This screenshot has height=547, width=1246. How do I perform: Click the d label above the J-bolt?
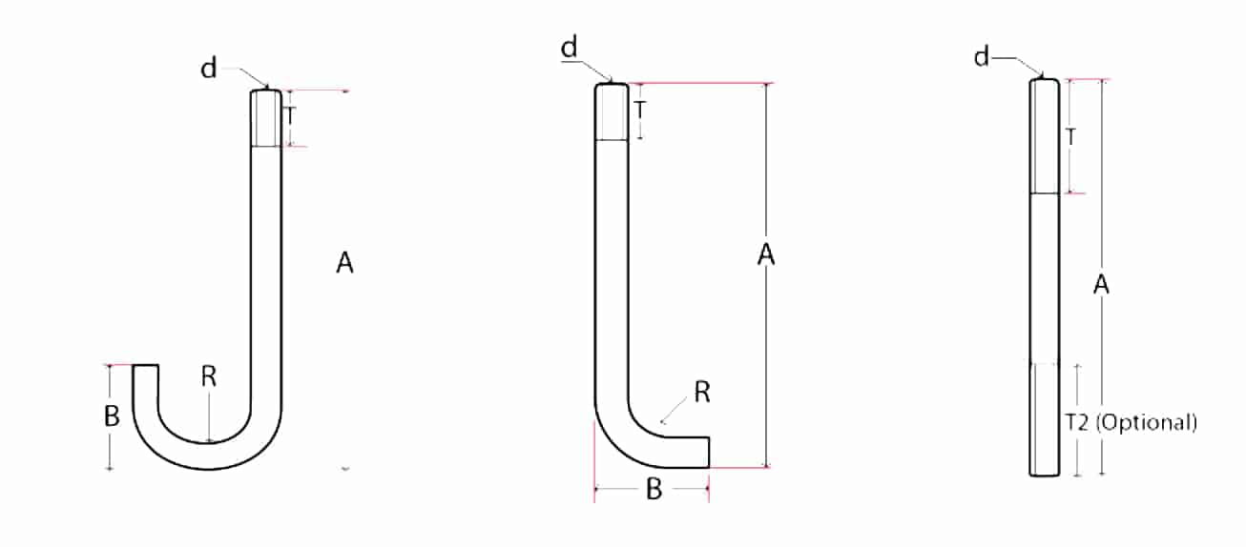(x=209, y=69)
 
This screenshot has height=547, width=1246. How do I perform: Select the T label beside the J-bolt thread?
(x=290, y=117)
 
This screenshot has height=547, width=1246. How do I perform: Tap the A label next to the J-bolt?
(x=344, y=263)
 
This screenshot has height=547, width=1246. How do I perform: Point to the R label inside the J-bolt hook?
(x=209, y=377)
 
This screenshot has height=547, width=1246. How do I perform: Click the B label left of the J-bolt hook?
(x=112, y=415)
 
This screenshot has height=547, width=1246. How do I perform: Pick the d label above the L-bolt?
(x=569, y=48)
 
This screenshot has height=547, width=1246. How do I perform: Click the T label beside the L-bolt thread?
(x=641, y=110)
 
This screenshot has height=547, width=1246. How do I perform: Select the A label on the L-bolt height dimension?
(x=766, y=254)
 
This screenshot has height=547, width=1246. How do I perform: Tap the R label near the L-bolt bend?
(x=702, y=393)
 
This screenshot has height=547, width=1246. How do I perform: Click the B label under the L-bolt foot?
(x=654, y=489)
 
